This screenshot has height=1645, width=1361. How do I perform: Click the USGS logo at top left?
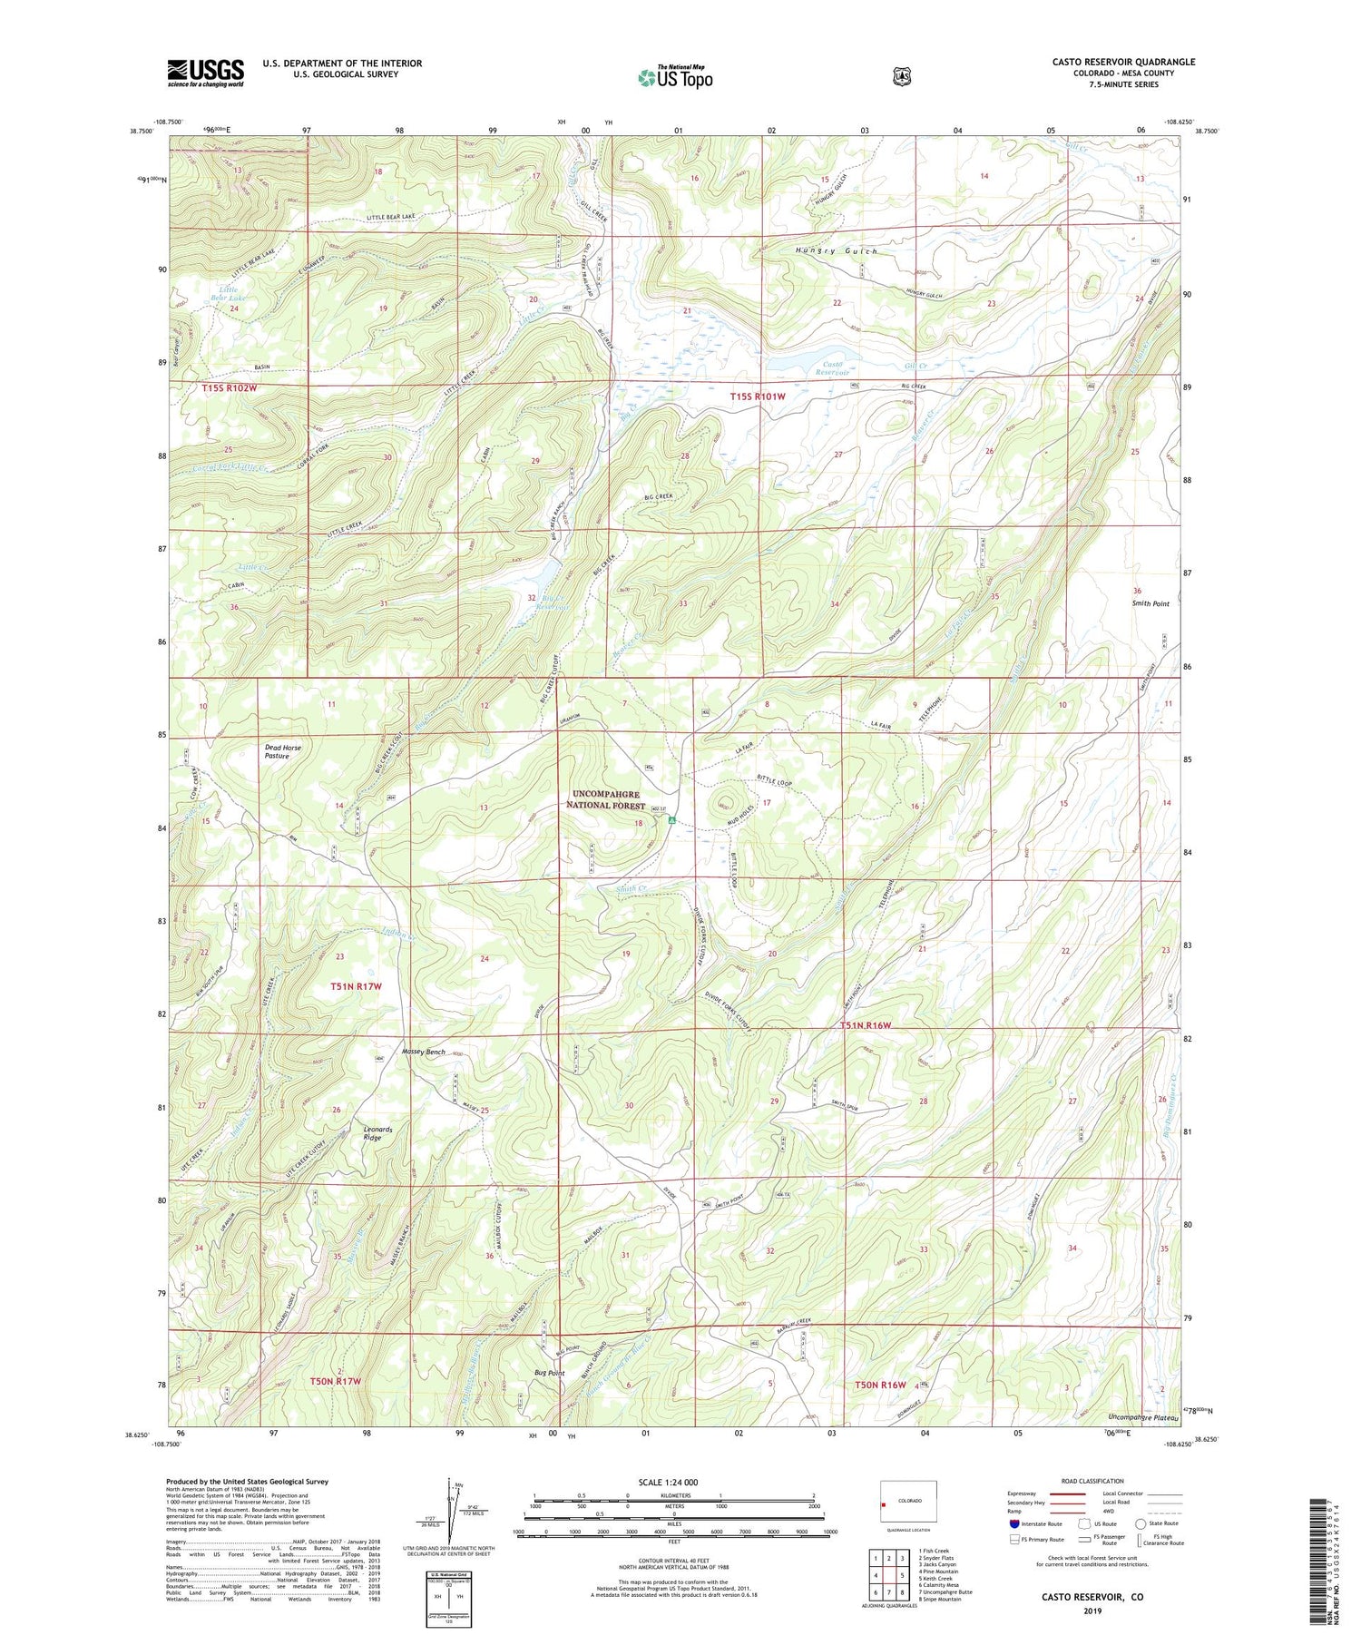tap(205, 73)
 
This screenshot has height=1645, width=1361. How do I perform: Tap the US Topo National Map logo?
tap(675, 77)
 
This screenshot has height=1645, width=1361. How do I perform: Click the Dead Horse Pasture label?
tap(282, 751)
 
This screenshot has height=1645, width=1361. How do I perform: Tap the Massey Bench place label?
tap(424, 1052)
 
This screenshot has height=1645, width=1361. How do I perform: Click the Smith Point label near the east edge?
tap(1150, 603)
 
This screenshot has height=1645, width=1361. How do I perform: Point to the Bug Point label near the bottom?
tap(549, 1374)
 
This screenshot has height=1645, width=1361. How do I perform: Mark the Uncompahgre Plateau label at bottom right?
tap(1143, 1417)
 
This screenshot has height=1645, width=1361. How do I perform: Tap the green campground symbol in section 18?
tap(672, 820)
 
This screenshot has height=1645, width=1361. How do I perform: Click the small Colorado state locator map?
tap(907, 1502)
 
